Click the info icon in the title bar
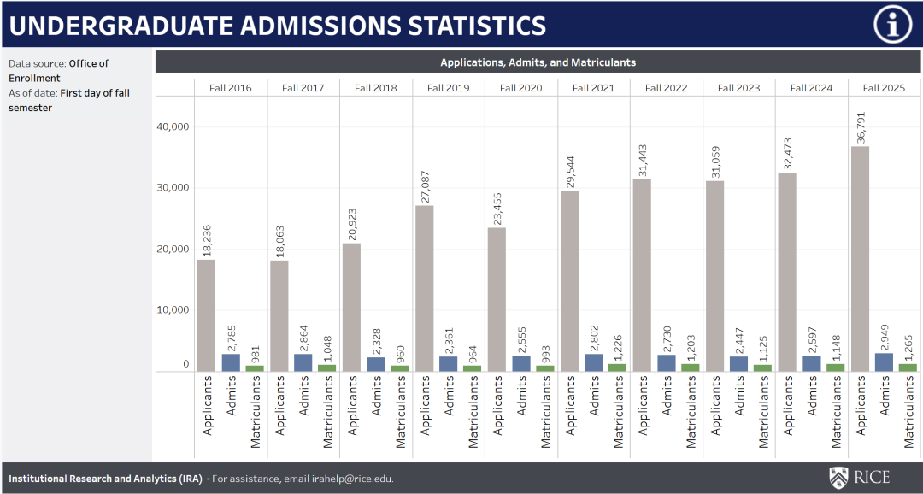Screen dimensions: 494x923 pyautogui.click(x=892, y=25)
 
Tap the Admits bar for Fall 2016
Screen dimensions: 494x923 pyautogui.click(x=231, y=362)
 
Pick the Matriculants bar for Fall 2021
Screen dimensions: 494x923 pyautogui.click(x=617, y=368)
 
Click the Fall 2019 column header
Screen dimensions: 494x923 pyautogui.click(x=448, y=88)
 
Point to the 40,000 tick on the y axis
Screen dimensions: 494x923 pyautogui.click(x=173, y=126)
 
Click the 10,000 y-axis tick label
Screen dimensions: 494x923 pyautogui.click(x=173, y=309)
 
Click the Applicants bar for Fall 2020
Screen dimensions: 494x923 pyautogui.click(x=497, y=299)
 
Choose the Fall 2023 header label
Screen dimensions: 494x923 pyautogui.click(x=738, y=88)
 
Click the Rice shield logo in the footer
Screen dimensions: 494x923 pyautogui.click(x=839, y=478)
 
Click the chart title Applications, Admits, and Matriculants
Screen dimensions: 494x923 pyautogui.click(x=538, y=62)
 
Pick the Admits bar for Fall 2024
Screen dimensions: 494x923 pyautogui.click(x=811, y=363)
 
